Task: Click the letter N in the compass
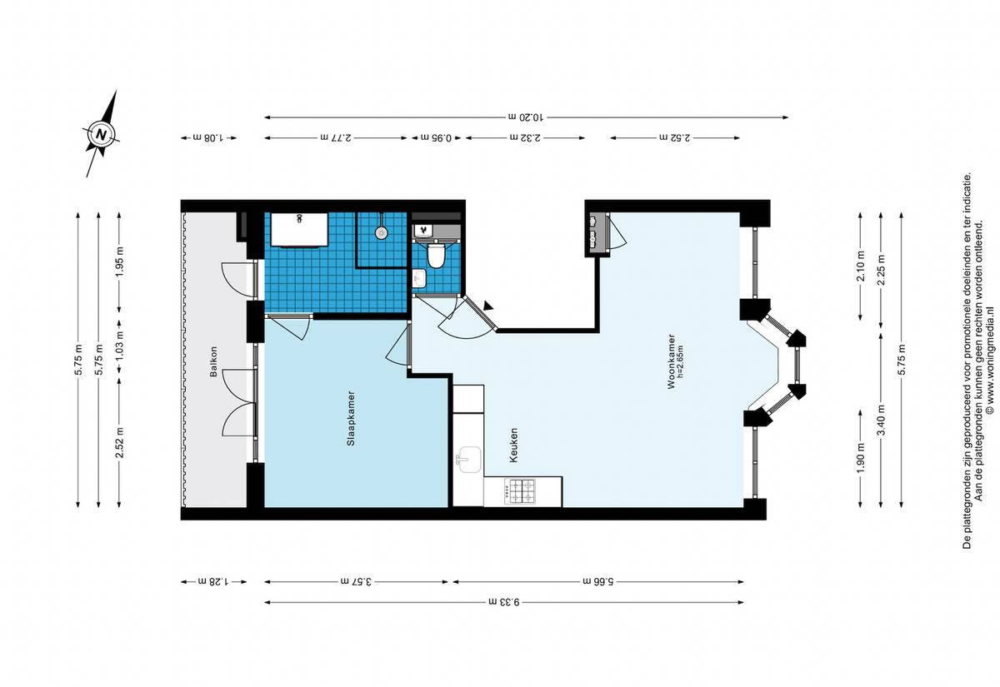click(102, 134)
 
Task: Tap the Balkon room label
click(214, 361)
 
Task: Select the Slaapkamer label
click(352, 418)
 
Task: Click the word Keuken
click(514, 446)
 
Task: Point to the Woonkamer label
click(671, 361)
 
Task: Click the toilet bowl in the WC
click(436, 255)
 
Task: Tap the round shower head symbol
click(381, 232)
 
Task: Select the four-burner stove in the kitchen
click(520, 491)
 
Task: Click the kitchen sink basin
click(468, 460)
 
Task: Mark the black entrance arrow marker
click(488, 306)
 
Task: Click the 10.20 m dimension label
click(526, 117)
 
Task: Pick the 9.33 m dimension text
click(504, 602)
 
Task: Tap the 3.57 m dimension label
click(357, 582)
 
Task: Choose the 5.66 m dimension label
click(598, 582)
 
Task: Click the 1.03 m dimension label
click(119, 346)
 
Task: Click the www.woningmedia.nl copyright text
click(990, 360)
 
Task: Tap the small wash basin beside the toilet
click(420, 279)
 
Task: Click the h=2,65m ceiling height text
click(680, 361)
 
